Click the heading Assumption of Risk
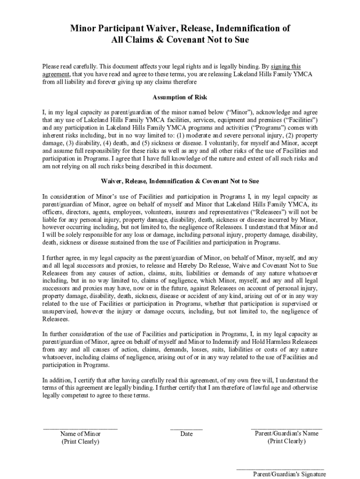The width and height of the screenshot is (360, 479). (180, 97)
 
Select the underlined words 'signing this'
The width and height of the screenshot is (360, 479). (286, 66)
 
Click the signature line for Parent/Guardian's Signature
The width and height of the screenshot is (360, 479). (280, 468)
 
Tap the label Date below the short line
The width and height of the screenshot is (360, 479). (186, 434)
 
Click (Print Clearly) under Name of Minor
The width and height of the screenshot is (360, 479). (80, 442)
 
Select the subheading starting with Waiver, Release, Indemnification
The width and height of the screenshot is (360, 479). (180, 181)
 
